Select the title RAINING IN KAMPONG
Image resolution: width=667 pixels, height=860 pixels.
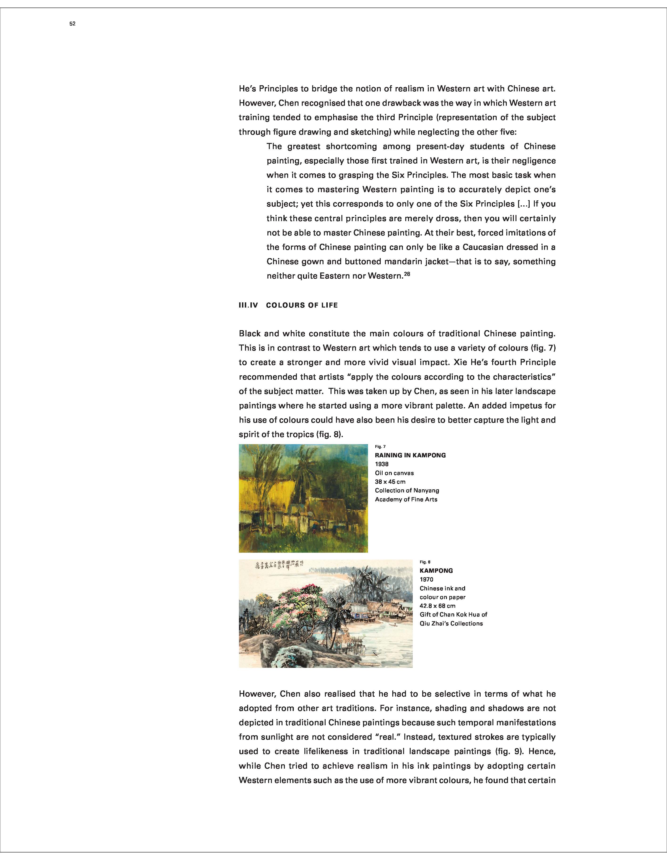click(x=410, y=455)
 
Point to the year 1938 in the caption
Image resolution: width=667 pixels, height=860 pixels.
click(x=381, y=464)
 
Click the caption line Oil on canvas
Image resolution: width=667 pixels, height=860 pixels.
click(x=394, y=473)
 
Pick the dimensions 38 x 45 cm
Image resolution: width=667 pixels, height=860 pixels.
click(x=390, y=482)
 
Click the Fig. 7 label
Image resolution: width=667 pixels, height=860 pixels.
click(x=380, y=446)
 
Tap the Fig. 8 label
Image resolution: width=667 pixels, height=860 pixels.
click(x=425, y=562)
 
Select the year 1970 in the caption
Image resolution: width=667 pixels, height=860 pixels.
click(x=426, y=580)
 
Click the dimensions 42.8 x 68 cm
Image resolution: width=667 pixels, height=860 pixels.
click(x=437, y=606)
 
